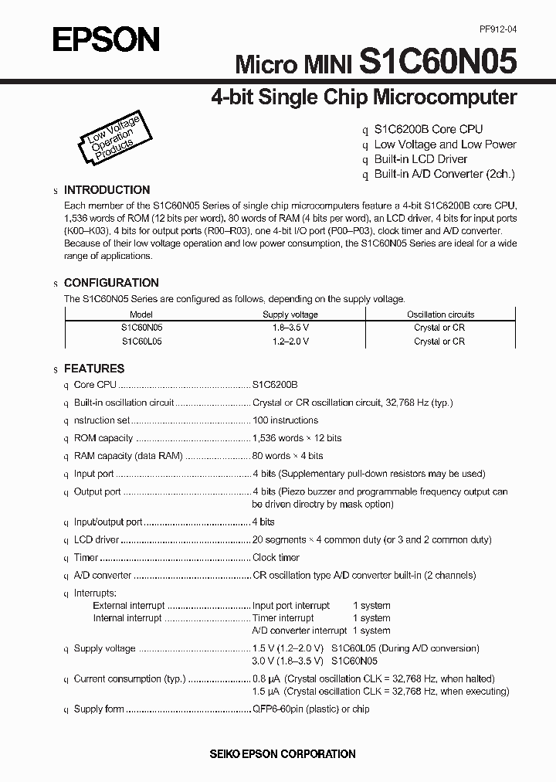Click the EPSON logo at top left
tap(106, 39)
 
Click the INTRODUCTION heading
tap(107, 190)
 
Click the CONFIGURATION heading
tap(111, 283)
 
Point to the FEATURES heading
tap(94, 369)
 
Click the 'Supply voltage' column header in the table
tap(290, 314)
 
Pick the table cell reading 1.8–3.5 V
tap(290, 328)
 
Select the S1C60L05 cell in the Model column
tap(141, 341)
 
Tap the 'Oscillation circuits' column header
tap(440, 314)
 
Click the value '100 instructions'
tap(285, 420)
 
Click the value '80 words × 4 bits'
tap(287, 456)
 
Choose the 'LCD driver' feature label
tap(97, 540)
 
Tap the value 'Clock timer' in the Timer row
tap(276, 557)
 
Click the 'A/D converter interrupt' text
tap(300, 631)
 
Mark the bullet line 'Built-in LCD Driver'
tap(421, 159)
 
